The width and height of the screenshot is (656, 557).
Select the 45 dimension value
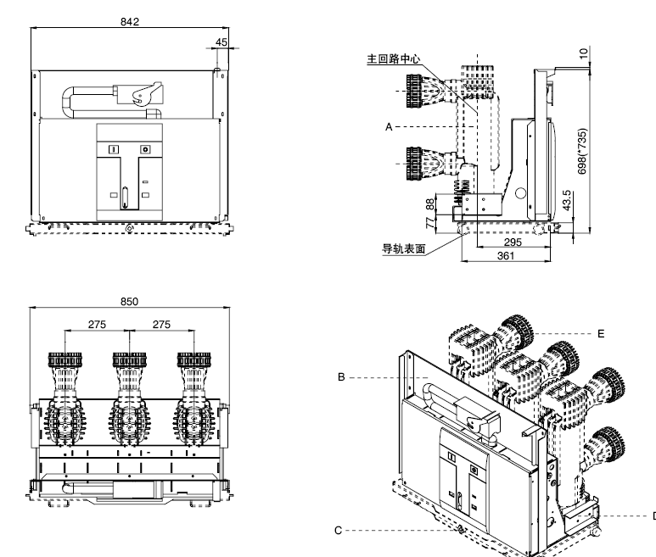(x=222, y=41)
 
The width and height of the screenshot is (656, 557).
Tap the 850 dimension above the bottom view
(x=129, y=301)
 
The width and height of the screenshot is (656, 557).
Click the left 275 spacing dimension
(x=97, y=324)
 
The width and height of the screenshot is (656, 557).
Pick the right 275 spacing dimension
(x=161, y=324)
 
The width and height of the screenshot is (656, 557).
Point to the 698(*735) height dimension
(x=582, y=153)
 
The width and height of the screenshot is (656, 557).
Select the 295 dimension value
(x=512, y=242)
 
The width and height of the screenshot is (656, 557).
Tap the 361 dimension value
(x=505, y=255)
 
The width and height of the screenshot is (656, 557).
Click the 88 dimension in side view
(x=430, y=203)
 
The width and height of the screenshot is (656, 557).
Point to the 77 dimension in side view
(x=430, y=222)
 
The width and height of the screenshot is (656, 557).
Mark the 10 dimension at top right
(x=582, y=53)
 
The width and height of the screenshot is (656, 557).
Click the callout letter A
(x=388, y=126)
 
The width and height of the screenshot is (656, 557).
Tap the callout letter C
(x=338, y=531)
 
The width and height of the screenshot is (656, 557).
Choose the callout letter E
(x=601, y=333)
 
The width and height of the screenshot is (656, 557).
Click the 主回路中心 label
(x=393, y=60)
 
